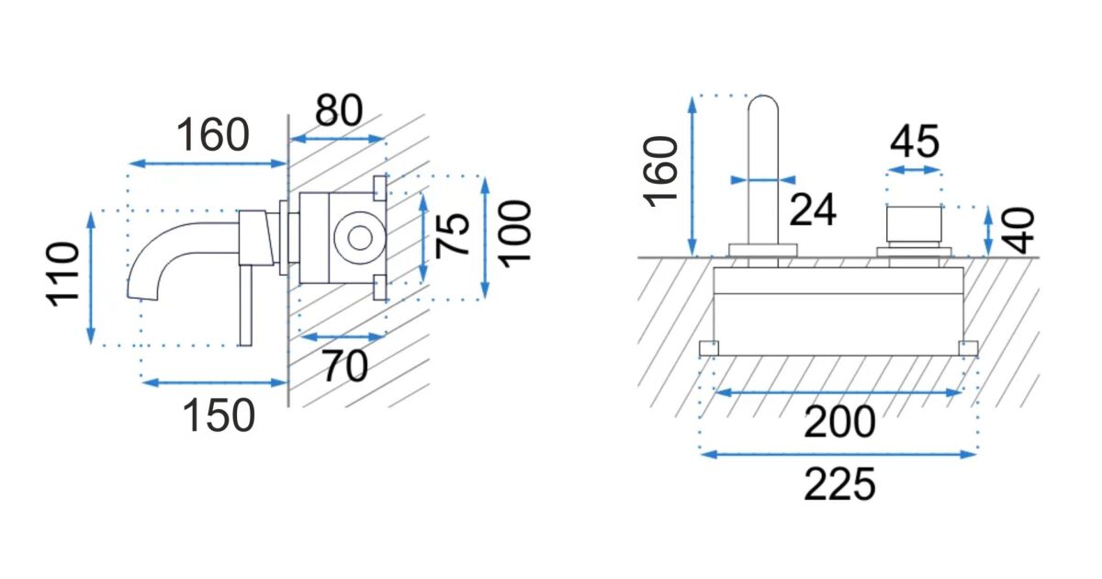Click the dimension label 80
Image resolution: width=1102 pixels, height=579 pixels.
(339, 110)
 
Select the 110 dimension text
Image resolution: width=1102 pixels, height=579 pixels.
(62, 275)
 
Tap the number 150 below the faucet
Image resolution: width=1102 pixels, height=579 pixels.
(219, 416)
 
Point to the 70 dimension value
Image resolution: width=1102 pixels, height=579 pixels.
(345, 367)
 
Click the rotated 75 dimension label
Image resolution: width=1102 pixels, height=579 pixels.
(453, 235)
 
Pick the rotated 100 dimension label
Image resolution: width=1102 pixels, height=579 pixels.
(516, 233)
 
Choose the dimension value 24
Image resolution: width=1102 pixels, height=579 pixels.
(813, 210)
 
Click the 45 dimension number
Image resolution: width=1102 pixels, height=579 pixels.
(915, 142)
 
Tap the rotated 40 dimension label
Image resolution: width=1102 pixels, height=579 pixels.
(1018, 231)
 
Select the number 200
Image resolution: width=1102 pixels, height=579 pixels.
(839, 422)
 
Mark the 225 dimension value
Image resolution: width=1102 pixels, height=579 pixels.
(839, 484)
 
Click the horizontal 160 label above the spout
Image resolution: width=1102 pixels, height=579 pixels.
(212, 135)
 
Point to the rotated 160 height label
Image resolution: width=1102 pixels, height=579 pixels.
(660, 173)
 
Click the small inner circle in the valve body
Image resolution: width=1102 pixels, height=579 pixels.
(360, 239)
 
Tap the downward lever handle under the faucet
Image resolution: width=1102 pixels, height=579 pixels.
(245, 306)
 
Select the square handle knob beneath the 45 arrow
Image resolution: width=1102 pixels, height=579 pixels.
(914, 224)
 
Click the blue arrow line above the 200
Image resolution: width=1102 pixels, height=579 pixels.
(838, 392)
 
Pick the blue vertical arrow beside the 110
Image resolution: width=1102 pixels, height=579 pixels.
(91, 278)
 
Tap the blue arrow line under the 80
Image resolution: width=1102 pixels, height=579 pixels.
(338, 140)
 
